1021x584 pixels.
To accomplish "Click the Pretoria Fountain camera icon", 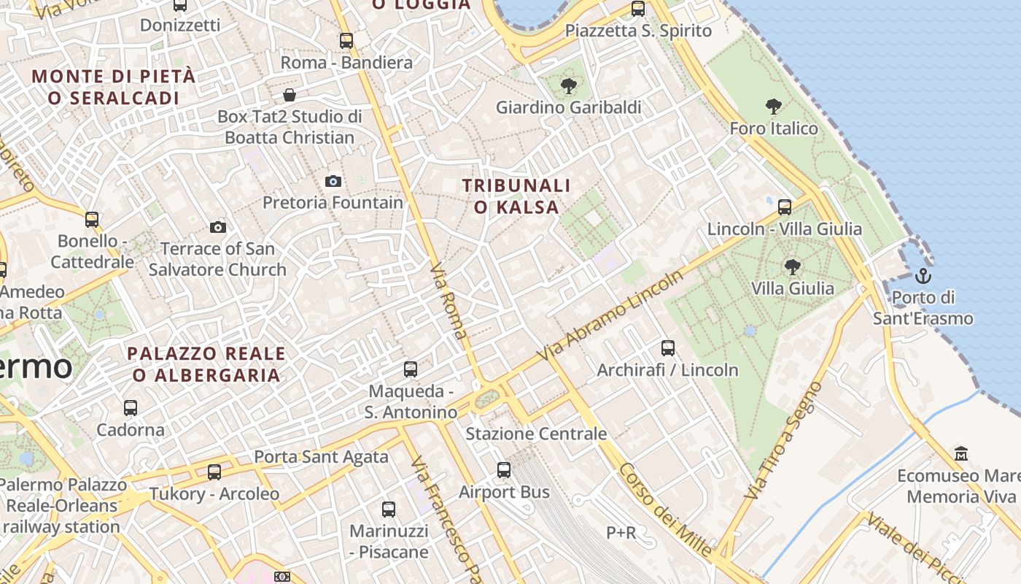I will click(x=333, y=181).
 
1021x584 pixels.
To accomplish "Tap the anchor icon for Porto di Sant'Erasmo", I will click(x=923, y=276).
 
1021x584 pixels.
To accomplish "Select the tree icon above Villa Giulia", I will click(x=793, y=266).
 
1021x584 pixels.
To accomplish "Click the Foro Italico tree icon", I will click(x=774, y=107).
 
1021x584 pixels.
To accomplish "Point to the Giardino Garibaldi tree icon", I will click(x=568, y=87).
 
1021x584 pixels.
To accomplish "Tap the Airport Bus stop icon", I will click(x=504, y=470).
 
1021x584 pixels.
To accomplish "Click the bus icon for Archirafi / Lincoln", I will click(x=668, y=348).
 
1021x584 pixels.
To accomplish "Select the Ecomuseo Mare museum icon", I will click(x=961, y=454).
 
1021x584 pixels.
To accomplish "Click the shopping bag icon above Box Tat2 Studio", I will click(x=290, y=95).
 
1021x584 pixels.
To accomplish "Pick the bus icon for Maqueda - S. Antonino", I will click(x=411, y=369).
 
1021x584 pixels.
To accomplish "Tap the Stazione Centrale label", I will click(x=536, y=434).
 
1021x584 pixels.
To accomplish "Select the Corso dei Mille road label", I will click(x=664, y=510).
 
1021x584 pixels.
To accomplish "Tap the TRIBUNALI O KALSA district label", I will click(x=516, y=196).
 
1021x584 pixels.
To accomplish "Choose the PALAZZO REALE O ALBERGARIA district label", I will click(x=206, y=364).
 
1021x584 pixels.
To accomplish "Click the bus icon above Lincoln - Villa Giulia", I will click(x=785, y=207).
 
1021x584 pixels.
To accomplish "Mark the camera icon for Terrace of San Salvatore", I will click(x=217, y=228).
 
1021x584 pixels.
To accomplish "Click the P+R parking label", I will click(x=621, y=533).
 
